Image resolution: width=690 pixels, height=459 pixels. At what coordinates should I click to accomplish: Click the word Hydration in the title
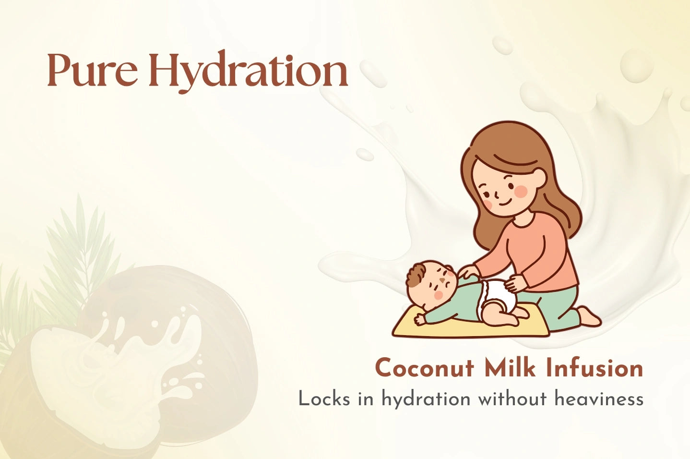249,72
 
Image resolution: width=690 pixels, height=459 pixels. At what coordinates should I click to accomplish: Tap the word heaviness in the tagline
599,399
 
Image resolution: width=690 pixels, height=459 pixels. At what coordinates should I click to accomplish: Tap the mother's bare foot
588,317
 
